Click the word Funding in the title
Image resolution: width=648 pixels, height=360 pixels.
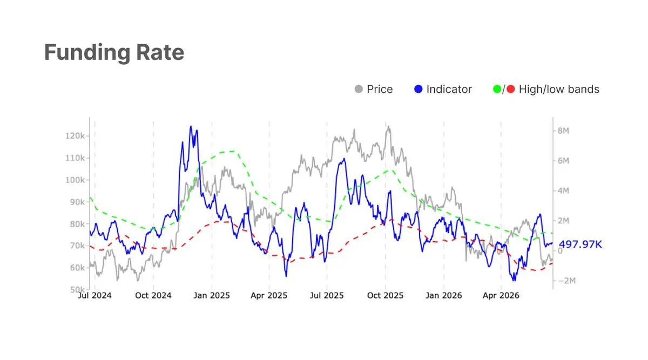coord(87,53)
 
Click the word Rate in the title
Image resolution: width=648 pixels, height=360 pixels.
coord(160,52)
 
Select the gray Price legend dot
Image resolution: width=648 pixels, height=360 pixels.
coord(359,89)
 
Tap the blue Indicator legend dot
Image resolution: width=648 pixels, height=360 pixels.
coord(418,89)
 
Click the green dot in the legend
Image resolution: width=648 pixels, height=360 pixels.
coord(497,89)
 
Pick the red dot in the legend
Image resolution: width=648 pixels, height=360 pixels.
coord(511,89)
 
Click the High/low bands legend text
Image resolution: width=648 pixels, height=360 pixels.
coord(559,90)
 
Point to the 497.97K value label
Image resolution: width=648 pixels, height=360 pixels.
coord(580,244)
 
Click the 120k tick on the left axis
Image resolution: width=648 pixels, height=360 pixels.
coord(75,136)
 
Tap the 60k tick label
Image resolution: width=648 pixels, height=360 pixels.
coord(77,268)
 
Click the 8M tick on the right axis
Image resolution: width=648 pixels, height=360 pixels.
coord(563,131)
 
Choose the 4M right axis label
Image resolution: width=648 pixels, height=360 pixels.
coord(563,191)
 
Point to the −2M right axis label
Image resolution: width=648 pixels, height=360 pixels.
coord(566,281)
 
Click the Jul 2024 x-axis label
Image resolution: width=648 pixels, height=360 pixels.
coord(94,296)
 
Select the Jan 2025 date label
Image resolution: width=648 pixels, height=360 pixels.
coord(212,296)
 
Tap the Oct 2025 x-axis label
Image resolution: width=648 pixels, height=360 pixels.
coord(385,296)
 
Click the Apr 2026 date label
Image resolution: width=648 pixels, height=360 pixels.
coord(501,296)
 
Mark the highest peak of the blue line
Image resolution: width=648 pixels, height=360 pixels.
coord(191,126)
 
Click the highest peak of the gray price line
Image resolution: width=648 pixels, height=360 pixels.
coord(388,126)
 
